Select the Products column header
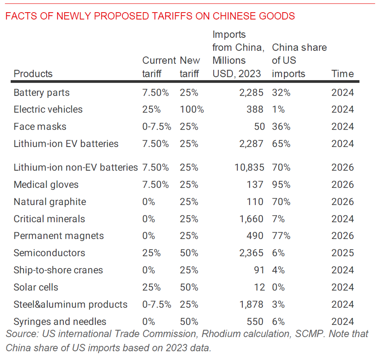(33, 74)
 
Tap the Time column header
(342, 74)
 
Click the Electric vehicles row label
(48, 109)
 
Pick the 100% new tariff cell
(191, 109)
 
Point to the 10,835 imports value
(249, 168)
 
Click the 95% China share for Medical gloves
(281, 185)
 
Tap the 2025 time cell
(342, 253)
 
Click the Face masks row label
(40, 127)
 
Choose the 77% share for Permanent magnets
(281, 236)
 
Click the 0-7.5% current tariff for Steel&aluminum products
(157, 305)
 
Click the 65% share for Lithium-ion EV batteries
(281, 144)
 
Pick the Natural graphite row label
(50, 202)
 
